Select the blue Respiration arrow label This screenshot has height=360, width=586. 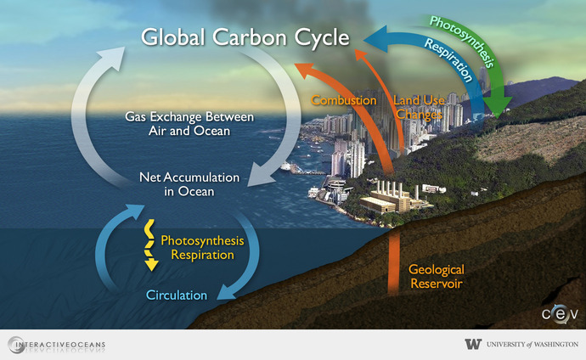click(448, 59)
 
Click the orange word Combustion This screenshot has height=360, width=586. click(344, 100)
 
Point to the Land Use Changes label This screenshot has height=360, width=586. click(418, 107)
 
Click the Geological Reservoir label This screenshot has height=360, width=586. click(436, 277)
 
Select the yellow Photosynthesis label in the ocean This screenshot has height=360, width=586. click(202, 241)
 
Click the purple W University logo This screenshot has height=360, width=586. click(473, 344)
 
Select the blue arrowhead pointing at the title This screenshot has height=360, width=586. click(375, 38)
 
